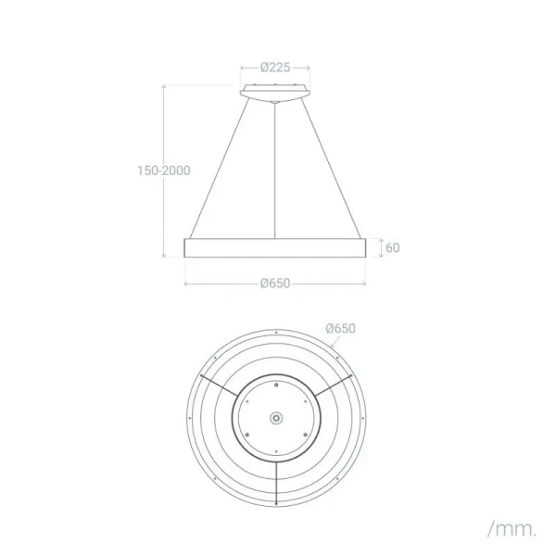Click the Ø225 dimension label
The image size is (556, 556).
275,67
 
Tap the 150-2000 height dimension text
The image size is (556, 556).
162,171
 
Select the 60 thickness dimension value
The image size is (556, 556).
392,247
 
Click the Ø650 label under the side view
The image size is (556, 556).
275,283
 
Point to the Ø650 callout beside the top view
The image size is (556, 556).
341,328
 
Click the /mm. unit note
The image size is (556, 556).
512,529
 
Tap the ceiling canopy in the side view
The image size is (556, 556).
275,92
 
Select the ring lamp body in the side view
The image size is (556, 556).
276,247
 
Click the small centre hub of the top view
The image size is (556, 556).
276,419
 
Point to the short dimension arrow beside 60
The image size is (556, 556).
379,247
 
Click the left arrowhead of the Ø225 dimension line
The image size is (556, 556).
243,68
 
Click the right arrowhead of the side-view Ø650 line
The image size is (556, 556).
366,283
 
